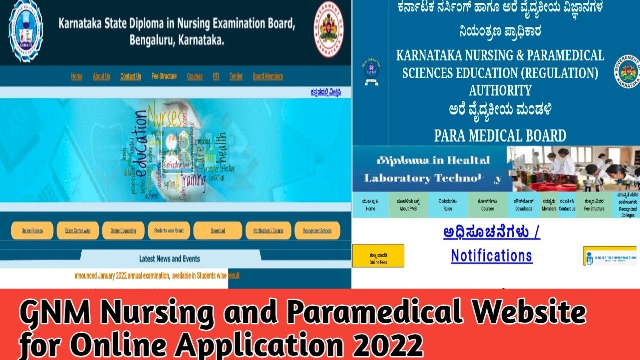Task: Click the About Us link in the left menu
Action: pyautogui.click(x=101, y=76)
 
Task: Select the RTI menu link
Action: pyautogui.click(x=216, y=76)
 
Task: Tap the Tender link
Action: pyautogui.click(x=236, y=76)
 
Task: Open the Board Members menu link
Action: pyautogui.click(x=268, y=76)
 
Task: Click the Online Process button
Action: pyautogui.click(x=32, y=231)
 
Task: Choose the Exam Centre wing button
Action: pyautogui.click(x=78, y=231)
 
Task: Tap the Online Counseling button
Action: pyautogui.click(x=123, y=231)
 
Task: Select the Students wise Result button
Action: pyautogui.click(x=169, y=231)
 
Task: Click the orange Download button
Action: pyautogui.click(x=217, y=231)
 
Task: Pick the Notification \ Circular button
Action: pyautogui.click(x=268, y=231)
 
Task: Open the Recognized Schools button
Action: pyautogui.click(x=317, y=231)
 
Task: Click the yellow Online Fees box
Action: pyautogui.click(x=378, y=256)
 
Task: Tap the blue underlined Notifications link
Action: pyautogui.click(x=491, y=256)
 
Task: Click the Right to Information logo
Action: pyautogui.click(x=610, y=256)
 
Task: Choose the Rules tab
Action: pyautogui.click(x=448, y=205)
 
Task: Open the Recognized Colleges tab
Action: pyautogui.click(x=627, y=205)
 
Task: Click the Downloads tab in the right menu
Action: pyautogui.click(x=524, y=205)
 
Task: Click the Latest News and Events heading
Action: pyautogui.click(x=169, y=259)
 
